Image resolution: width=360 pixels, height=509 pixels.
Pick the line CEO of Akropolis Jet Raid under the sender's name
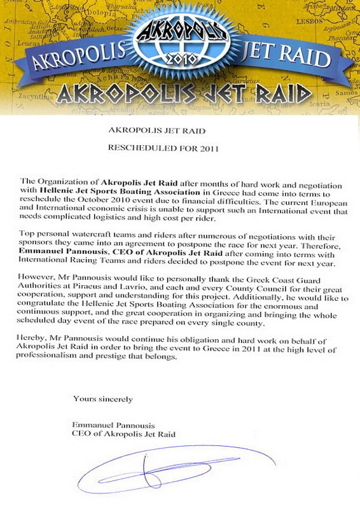(124, 433)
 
